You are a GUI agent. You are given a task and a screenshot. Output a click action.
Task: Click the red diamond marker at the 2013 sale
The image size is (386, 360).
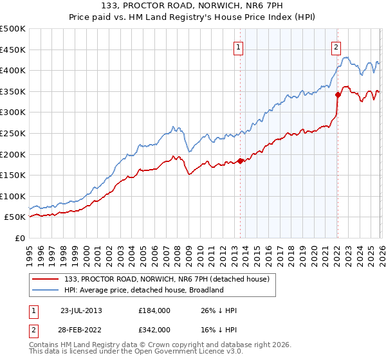pos(240,161)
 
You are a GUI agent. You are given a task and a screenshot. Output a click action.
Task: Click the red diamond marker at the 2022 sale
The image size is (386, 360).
pos(338,94)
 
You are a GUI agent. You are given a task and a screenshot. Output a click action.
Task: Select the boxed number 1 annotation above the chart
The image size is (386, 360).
pos(239,46)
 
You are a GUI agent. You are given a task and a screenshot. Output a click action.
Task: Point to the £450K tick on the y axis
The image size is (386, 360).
pos(14,50)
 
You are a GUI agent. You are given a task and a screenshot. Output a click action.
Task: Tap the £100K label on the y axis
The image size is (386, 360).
pos(14,196)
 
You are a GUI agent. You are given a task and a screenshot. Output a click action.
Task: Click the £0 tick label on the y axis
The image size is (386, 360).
pos(21,238)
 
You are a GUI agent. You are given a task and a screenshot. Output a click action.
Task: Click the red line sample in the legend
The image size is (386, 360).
pos(45,278)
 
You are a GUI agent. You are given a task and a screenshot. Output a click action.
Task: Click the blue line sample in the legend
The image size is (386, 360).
pos(45,290)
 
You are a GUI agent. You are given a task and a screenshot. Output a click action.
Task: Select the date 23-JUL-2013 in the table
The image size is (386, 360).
pos(81,310)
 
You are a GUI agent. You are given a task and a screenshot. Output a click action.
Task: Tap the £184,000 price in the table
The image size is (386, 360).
pos(154,310)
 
